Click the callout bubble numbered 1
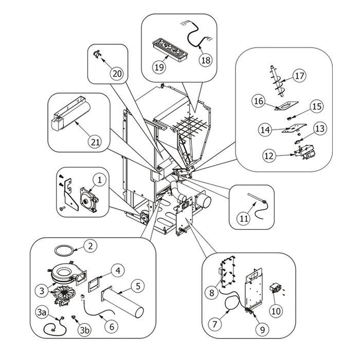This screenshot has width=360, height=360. (x=100, y=180)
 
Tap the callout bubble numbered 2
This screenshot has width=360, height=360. (x=90, y=246)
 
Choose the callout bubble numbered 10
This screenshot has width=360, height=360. (x=277, y=311)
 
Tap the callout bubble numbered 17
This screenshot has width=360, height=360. (x=300, y=76)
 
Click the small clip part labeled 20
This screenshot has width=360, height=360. (x=97, y=53)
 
